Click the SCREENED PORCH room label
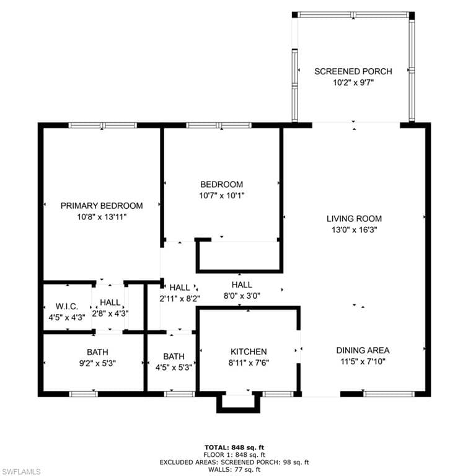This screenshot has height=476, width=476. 353,71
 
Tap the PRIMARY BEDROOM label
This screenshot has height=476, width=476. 102,206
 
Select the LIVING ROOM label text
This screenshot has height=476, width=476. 354,218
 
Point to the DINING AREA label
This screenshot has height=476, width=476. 363,350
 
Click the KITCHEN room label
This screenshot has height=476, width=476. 248,351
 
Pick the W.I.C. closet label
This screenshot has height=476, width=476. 66,306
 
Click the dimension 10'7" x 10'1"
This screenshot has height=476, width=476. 221,195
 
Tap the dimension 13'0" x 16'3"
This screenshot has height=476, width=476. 354,229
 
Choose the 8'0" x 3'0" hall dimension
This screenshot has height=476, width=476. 241,296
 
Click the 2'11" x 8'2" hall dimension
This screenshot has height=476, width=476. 180,298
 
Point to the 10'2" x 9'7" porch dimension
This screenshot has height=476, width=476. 353,82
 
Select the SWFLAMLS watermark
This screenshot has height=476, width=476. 20,472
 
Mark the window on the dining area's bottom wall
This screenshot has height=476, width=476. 389,394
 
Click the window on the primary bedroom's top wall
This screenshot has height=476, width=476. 102,125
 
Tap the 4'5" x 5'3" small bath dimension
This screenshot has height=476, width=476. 174,367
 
